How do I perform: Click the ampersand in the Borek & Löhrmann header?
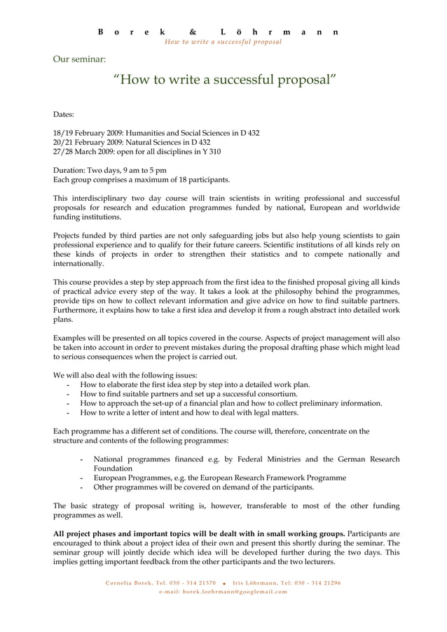pyautogui.click(x=193, y=32)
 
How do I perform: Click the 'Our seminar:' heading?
pyautogui.click(x=79, y=59)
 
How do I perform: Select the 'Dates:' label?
pyautogui.click(x=64, y=113)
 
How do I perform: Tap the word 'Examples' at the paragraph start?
pyautogui.click(x=71, y=337)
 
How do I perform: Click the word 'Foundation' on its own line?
pyautogui.click(x=113, y=468)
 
